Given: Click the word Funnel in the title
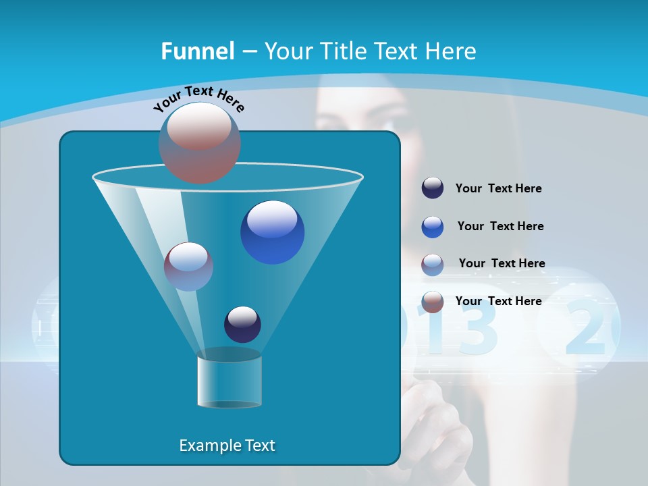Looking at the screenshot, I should tap(198, 51).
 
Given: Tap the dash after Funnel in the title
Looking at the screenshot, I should tap(249, 52).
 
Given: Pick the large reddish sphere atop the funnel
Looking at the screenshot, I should tap(200, 142).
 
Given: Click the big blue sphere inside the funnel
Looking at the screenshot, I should tap(273, 232).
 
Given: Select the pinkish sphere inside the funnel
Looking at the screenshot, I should tap(188, 267).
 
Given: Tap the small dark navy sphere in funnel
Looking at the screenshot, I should tap(242, 325).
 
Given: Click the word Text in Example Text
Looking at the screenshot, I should tap(259, 446).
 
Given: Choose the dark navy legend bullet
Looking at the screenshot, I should tap(433, 188).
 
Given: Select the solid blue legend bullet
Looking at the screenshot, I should tap(433, 227).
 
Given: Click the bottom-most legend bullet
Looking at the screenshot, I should tap(433, 302).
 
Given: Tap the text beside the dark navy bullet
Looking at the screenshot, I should tap(498, 188).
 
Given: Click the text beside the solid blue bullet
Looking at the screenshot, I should tap(500, 226).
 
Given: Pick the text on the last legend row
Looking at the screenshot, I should tap(498, 301).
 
